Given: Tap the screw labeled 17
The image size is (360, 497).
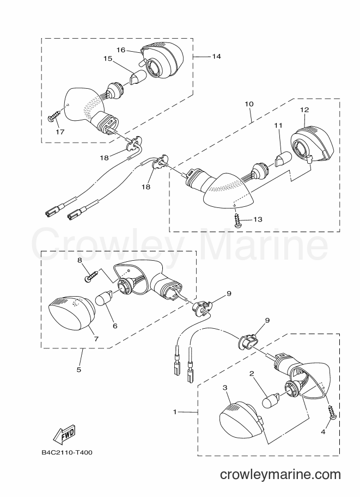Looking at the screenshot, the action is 54,115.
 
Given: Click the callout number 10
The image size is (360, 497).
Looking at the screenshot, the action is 249,104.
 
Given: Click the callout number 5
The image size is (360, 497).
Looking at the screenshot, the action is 78,369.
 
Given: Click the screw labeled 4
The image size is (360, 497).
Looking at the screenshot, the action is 333,413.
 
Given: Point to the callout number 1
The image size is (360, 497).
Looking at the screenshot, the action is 174,412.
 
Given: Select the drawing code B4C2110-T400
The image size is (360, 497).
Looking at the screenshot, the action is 67,452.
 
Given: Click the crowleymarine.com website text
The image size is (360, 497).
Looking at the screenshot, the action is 280,475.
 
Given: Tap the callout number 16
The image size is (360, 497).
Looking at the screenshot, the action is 121,50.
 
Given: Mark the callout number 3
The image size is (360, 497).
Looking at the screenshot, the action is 225,388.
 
